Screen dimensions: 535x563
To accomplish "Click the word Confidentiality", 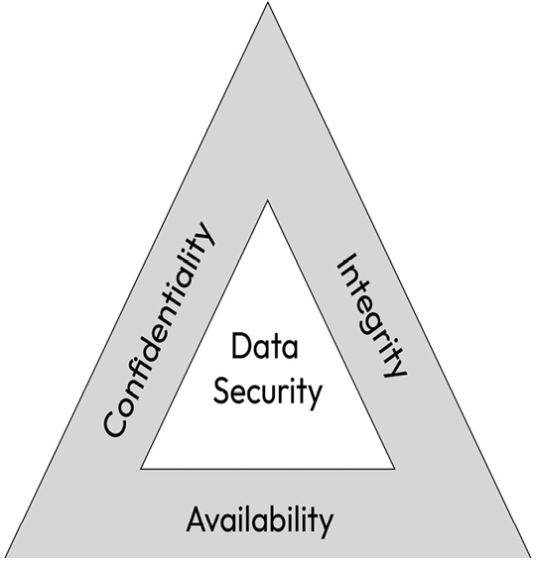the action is [159, 329].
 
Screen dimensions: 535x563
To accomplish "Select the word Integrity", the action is [372, 316].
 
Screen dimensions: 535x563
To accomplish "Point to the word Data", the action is [265, 346].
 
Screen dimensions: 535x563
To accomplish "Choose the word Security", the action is [267, 393].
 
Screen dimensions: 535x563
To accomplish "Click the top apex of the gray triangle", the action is [268, 2].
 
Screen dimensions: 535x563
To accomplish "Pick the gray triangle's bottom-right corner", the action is [531, 557].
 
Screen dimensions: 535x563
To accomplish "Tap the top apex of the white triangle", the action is [268, 200].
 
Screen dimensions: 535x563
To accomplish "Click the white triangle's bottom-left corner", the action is [141, 469].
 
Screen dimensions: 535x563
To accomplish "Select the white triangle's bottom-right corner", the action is [394, 469].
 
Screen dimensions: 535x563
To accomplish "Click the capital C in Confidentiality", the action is [115, 423].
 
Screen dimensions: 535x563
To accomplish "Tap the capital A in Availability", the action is [198, 519].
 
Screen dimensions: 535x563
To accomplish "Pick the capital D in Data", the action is [241, 346].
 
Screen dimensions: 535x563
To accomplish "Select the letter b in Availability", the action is [280, 518].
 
